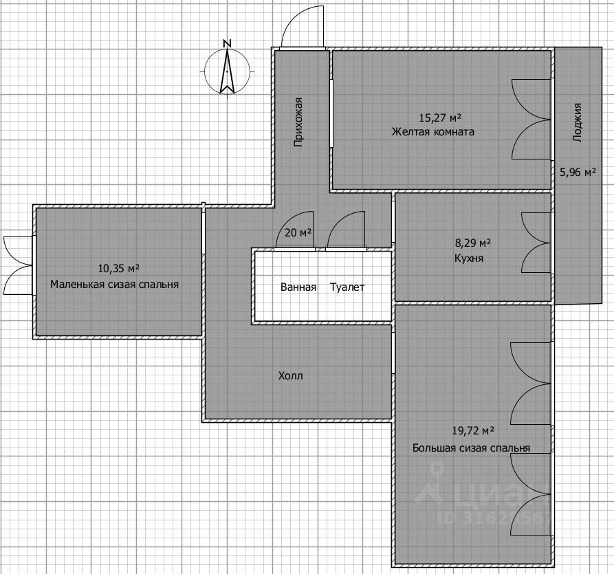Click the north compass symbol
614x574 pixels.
227,71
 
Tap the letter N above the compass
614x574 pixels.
227,43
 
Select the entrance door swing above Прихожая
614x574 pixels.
303,27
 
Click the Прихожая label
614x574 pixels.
299,122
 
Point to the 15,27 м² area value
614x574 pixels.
440,118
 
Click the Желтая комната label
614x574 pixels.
433,131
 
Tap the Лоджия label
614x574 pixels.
578,122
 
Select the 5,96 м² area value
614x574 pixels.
578,172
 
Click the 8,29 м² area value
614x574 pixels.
473,243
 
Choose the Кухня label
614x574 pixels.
469,258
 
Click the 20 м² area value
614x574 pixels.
298,233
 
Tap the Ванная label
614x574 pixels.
298,287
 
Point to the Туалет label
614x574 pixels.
347,287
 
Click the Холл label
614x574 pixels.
291,376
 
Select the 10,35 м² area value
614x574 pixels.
119,269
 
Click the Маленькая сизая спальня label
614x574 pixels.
114,285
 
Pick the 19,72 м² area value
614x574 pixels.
473,431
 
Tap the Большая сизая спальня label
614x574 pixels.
472,448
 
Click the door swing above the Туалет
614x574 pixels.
346,230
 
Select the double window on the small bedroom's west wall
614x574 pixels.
18,265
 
